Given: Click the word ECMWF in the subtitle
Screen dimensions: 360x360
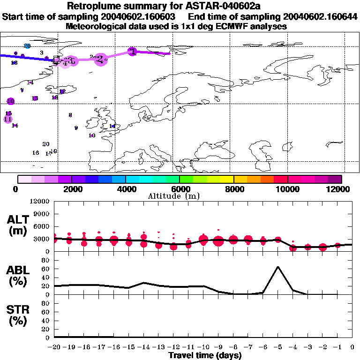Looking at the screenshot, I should (215, 26).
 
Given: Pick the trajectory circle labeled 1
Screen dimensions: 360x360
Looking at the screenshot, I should (133, 52).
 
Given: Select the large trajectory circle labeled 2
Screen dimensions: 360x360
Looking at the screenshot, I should (100, 59).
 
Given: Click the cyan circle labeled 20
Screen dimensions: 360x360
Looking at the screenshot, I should (27, 45).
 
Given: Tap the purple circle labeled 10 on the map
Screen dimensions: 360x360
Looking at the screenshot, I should (10, 101).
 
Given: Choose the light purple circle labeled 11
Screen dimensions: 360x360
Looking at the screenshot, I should (7, 119).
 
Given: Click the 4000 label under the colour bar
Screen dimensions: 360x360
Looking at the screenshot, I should (126, 189).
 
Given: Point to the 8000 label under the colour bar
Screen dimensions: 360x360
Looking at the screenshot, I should (233, 189).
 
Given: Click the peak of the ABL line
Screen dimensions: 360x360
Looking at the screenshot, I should (278, 266).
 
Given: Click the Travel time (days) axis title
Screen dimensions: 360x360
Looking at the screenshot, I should (205, 355).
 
